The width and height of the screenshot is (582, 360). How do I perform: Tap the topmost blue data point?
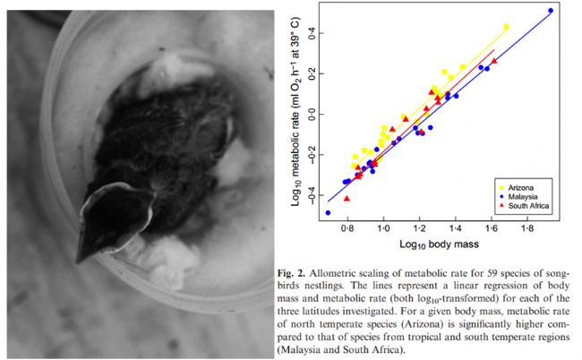click(551, 11)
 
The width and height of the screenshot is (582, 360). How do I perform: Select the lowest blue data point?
click(328, 212)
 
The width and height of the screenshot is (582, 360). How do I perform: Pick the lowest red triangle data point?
click(347, 198)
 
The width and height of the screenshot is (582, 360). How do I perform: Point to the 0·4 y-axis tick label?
click(311, 32)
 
